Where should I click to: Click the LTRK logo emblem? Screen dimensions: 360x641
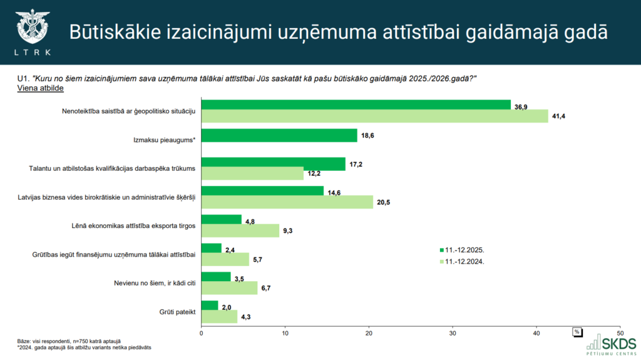(32, 26)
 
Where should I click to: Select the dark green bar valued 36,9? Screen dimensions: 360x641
(356, 105)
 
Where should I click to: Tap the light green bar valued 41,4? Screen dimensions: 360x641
(374, 116)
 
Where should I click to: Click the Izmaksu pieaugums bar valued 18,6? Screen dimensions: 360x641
(279, 135)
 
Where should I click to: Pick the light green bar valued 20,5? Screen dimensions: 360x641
(287, 202)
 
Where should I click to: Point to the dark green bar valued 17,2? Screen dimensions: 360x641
(273, 163)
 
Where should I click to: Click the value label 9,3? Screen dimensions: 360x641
(288, 231)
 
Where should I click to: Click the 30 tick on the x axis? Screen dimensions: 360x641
(453, 332)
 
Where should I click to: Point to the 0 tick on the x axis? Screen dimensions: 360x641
(201, 332)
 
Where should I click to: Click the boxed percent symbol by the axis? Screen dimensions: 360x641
(578, 331)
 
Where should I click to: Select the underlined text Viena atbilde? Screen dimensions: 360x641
(41, 88)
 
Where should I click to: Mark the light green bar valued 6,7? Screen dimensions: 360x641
(229, 287)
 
